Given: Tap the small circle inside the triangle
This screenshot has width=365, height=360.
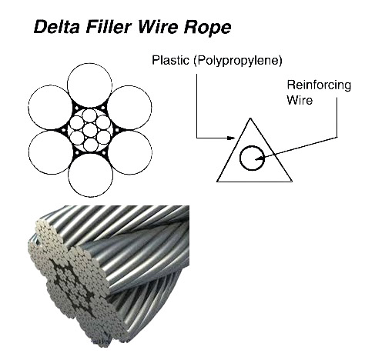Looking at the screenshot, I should coord(249,158).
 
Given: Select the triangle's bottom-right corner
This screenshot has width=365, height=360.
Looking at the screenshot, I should coord(291,182).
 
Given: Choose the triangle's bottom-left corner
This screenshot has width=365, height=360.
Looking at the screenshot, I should coord(217,182).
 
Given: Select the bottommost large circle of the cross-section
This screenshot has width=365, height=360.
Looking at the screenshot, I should coord(90,174).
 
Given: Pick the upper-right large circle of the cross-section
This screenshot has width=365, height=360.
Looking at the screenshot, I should coord(129,108).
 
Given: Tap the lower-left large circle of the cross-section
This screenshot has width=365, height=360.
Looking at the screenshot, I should coord(52,152).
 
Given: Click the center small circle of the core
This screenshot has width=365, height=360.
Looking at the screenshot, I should coord(90,130).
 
